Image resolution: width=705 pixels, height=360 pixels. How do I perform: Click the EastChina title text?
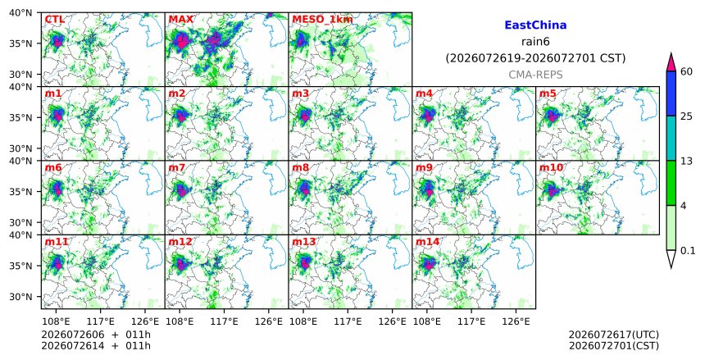pos(535,25)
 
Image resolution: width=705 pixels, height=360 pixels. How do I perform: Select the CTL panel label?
pos(54,20)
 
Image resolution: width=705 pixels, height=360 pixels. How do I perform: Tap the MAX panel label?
pos(180,20)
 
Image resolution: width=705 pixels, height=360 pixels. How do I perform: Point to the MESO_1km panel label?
pos(322,20)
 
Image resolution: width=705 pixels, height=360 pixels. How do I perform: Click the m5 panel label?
pos(547,93)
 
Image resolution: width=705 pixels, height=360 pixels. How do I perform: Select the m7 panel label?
pos(177,167)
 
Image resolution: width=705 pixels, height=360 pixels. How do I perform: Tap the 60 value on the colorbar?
pos(686,71)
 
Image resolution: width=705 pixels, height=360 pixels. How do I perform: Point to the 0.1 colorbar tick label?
pos(688,251)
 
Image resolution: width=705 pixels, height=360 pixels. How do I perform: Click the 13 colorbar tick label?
pos(686,161)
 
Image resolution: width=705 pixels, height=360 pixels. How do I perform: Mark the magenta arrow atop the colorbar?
pos(671,62)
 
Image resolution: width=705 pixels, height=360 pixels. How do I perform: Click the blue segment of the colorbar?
pos(671,93)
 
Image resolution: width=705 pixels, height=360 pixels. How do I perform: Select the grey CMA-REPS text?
pos(535,75)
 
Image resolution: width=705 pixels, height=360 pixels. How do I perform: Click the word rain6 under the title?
pos(535,42)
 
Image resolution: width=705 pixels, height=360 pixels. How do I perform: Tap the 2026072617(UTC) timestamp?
pos(614,335)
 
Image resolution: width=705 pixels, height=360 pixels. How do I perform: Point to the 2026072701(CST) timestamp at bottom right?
pos(614,346)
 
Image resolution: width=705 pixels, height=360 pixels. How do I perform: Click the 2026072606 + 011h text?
pos(96,335)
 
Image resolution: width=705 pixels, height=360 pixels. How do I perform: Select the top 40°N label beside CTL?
pos(20,12)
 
